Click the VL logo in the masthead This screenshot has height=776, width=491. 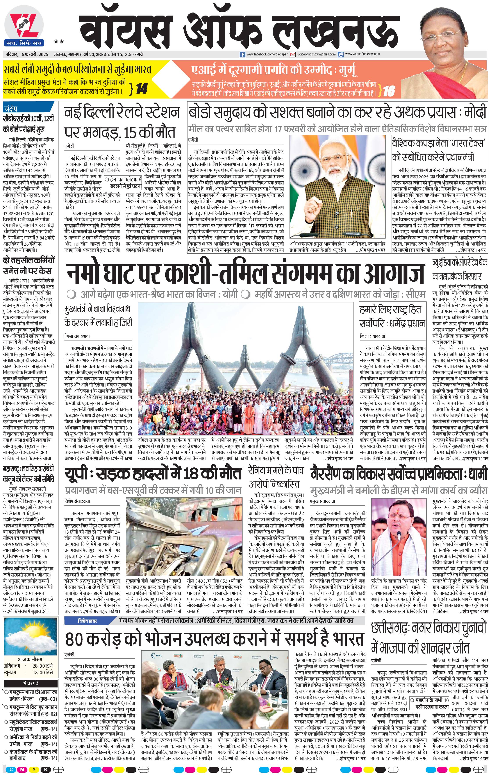pyautogui.click(x=23, y=26)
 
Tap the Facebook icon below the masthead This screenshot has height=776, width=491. pyautogui.click(x=243, y=55)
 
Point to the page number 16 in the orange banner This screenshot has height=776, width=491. pyautogui.click(x=389, y=91)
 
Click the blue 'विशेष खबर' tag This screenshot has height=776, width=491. pyautogui.click(x=87, y=621)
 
